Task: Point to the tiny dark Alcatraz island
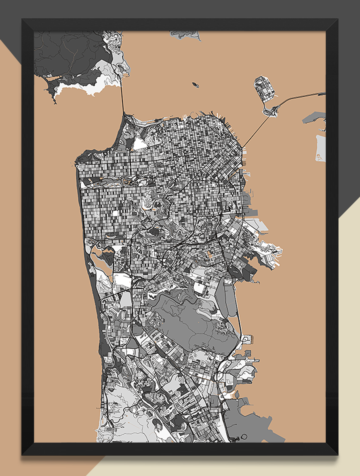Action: click(x=196, y=85)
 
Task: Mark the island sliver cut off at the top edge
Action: click(x=185, y=34)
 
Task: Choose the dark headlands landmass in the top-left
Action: click(x=65, y=52)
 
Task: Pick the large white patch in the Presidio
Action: click(x=139, y=143)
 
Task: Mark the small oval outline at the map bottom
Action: click(x=244, y=437)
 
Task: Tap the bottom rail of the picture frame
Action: click(x=180, y=449)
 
